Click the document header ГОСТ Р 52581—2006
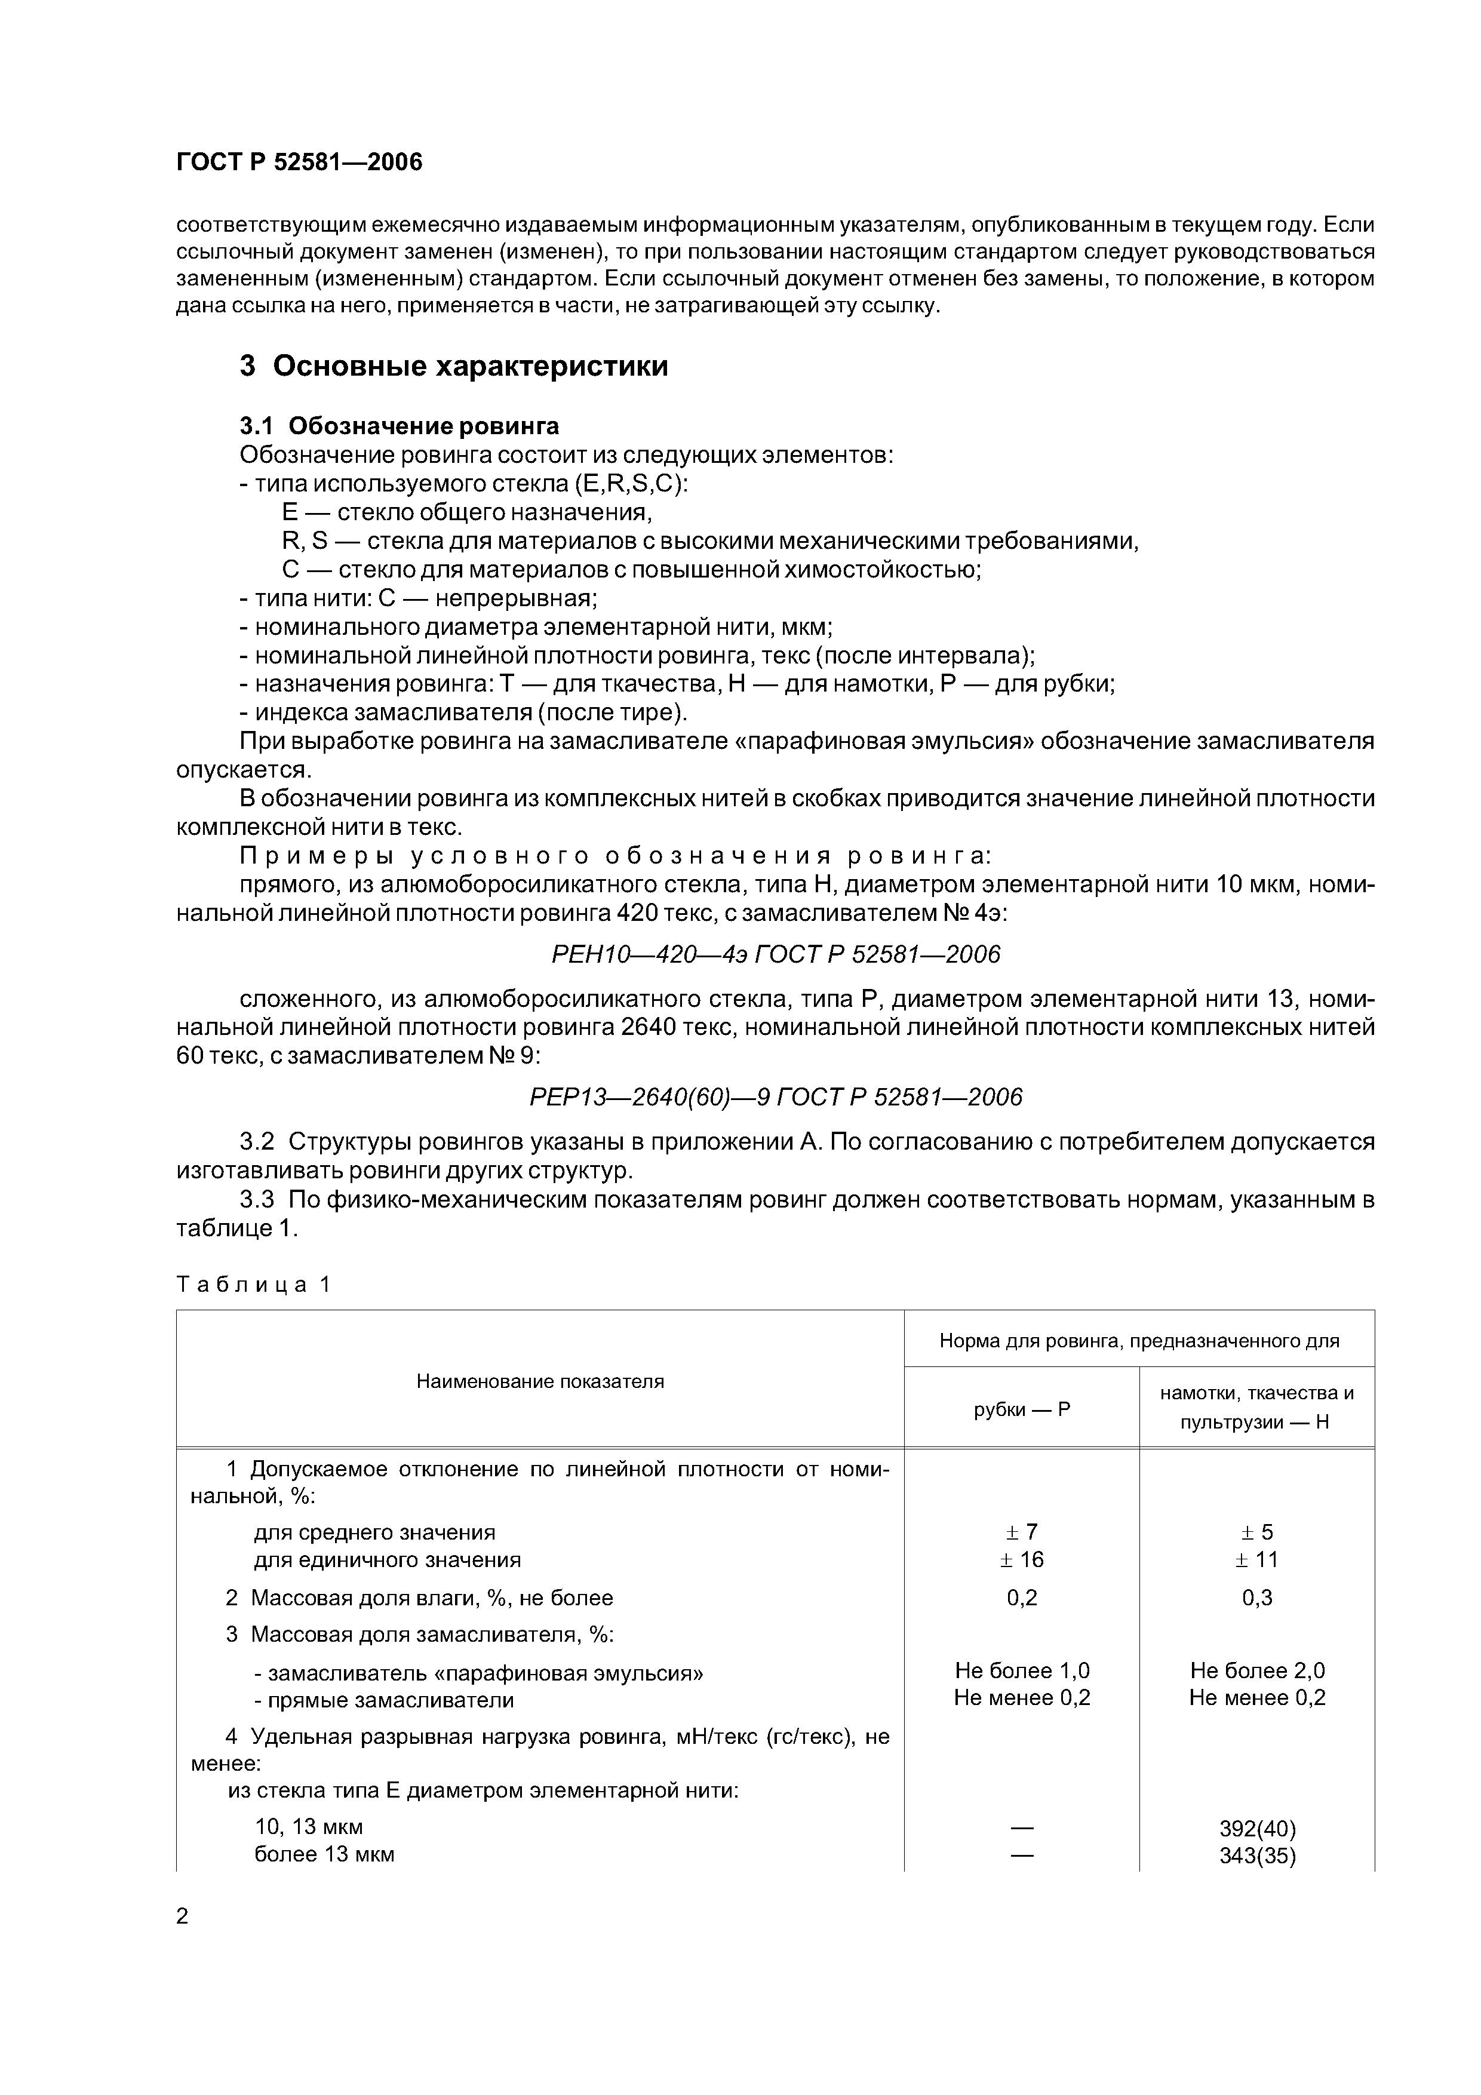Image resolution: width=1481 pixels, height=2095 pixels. click(299, 162)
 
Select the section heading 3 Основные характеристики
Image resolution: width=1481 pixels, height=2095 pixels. click(453, 366)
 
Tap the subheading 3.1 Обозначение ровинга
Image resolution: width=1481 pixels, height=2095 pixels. click(399, 426)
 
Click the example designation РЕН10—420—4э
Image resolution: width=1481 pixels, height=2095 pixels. click(776, 954)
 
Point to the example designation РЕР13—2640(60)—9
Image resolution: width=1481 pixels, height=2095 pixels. click(776, 1097)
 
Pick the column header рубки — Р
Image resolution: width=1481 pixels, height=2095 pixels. click(1021, 1410)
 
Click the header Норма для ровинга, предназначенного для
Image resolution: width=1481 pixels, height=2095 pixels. click(1139, 1340)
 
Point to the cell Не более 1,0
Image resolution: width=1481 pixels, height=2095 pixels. click(1021, 1671)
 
